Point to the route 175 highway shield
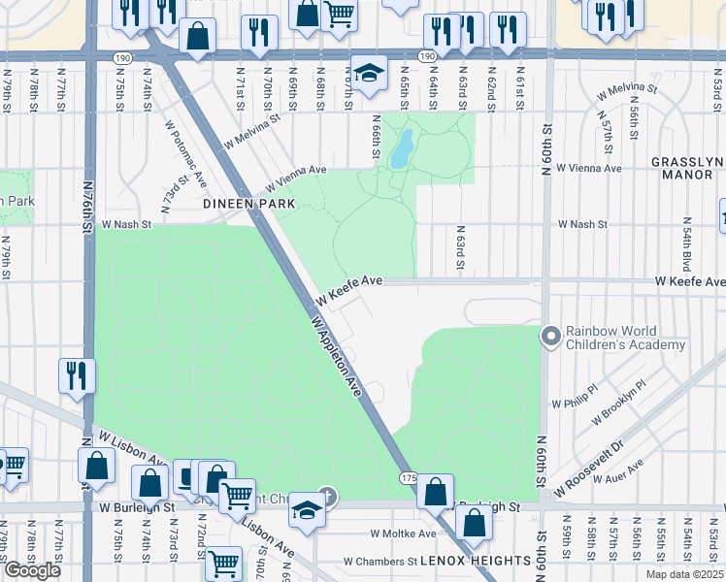point(408,478)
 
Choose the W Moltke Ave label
point(404,533)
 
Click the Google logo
point(31,569)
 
